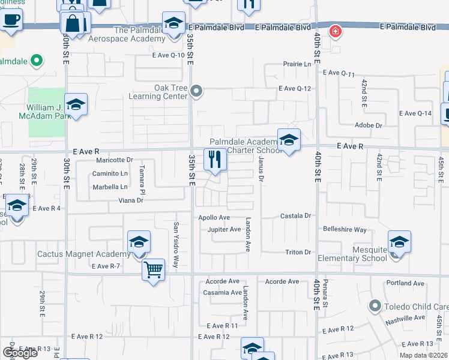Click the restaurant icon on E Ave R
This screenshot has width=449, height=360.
click(215, 160)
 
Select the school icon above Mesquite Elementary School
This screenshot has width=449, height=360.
click(399, 242)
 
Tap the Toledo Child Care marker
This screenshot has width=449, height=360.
click(375, 306)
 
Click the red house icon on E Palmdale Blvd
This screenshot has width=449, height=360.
click(335, 31)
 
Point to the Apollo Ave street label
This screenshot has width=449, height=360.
click(214, 217)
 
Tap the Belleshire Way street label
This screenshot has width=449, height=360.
click(345, 230)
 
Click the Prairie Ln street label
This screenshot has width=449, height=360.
click(298, 64)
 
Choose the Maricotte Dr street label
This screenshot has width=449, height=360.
click(115, 160)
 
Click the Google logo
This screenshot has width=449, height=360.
click(20, 353)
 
